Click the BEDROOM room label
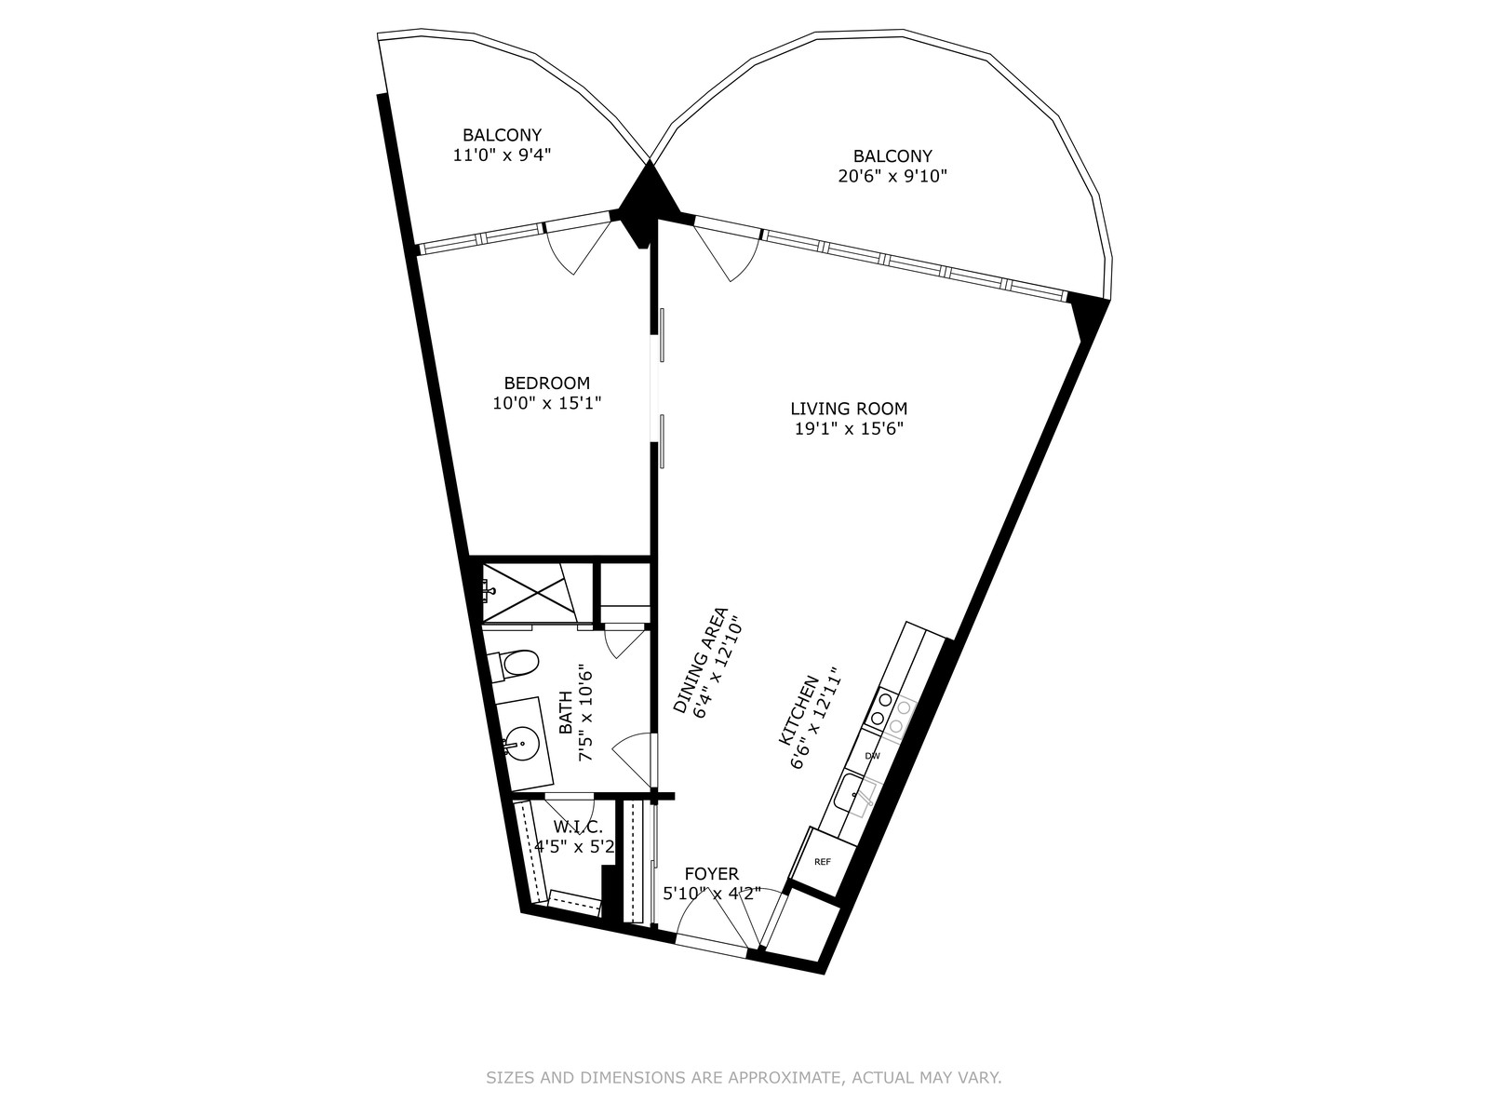(x=547, y=383)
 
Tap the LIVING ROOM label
(x=849, y=409)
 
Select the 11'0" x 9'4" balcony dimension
(x=502, y=155)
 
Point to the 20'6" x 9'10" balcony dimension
(x=892, y=176)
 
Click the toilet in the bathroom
(x=514, y=664)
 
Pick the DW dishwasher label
(x=872, y=756)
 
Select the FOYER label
(x=712, y=874)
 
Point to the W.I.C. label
(x=578, y=828)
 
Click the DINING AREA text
(x=700, y=661)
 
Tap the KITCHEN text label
(x=798, y=710)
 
